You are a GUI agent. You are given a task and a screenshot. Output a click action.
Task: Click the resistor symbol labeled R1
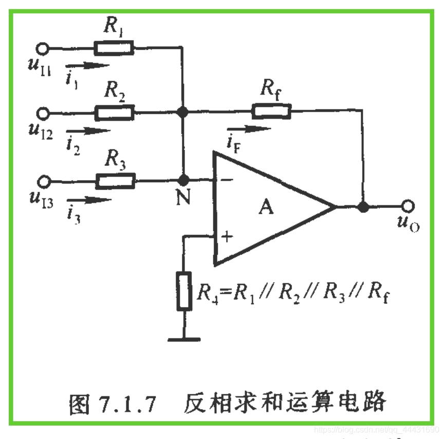[x=114, y=49]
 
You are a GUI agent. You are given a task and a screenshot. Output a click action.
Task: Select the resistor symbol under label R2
[x=114, y=111]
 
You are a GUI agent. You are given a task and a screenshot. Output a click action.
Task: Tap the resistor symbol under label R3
[x=114, y=181]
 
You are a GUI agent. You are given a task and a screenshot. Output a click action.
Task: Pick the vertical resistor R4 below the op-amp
[x=183, y=291]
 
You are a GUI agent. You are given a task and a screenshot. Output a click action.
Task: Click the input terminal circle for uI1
[x=44, y=49]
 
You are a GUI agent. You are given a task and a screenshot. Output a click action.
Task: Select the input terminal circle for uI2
[x=44, y=111]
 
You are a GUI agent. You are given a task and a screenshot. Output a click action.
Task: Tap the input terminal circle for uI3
[x=44, y=181]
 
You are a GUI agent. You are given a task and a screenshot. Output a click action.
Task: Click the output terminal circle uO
[x=408, y=206]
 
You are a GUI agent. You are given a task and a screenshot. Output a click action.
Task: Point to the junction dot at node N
[x=182, y=181]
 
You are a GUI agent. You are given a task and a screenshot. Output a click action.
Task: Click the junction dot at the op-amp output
[x=363, y=206]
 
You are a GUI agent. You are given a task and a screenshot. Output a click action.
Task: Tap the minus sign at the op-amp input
[x=226, y=180]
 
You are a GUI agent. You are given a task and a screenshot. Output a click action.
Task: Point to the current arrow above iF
[x=249, y=129]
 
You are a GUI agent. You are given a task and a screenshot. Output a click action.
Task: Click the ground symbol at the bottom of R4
[x=183, y=338]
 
